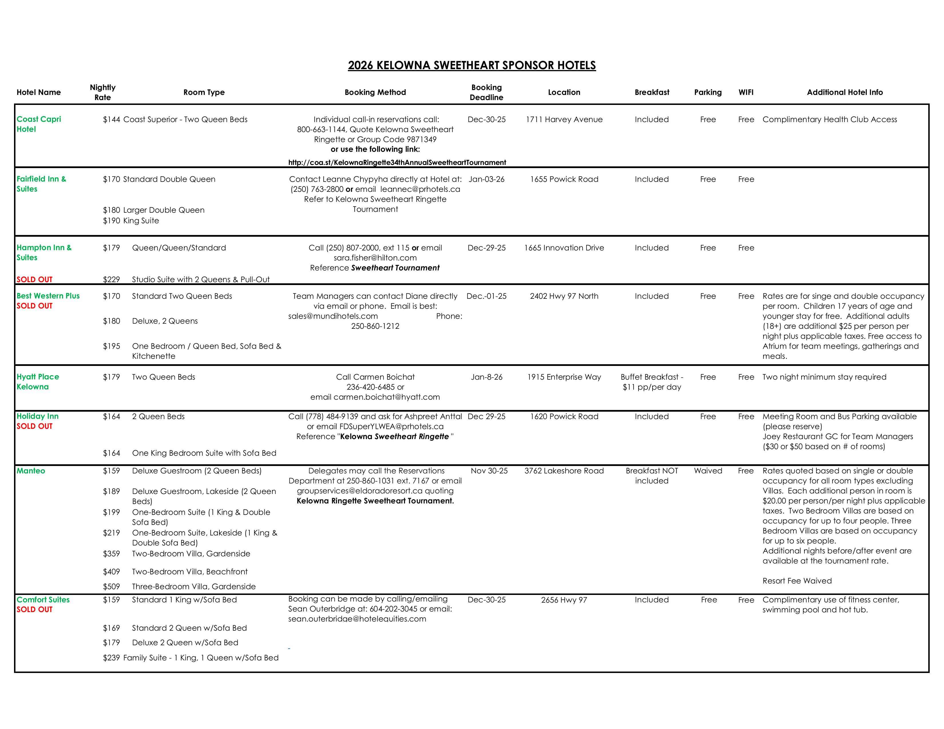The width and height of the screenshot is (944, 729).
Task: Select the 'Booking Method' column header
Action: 375,92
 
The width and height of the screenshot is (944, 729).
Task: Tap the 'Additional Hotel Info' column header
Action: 844,92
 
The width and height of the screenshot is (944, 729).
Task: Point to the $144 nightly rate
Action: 111,119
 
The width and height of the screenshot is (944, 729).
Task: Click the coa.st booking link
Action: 397,162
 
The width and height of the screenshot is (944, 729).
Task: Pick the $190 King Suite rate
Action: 111,221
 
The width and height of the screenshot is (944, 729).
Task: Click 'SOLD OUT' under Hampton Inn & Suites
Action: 35,279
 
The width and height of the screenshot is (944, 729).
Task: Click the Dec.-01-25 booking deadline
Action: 486,296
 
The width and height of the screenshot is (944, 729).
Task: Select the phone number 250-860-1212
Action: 375,326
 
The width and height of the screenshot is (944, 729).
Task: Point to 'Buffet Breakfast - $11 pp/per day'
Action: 651,382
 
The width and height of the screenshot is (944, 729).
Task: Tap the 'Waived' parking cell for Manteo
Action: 707,471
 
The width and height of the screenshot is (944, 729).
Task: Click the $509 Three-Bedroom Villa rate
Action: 111,586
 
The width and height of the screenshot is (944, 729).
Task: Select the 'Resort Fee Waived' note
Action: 797,581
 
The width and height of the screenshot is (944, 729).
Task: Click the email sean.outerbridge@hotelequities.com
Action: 357,619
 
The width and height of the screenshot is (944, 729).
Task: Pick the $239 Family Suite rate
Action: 111,658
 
